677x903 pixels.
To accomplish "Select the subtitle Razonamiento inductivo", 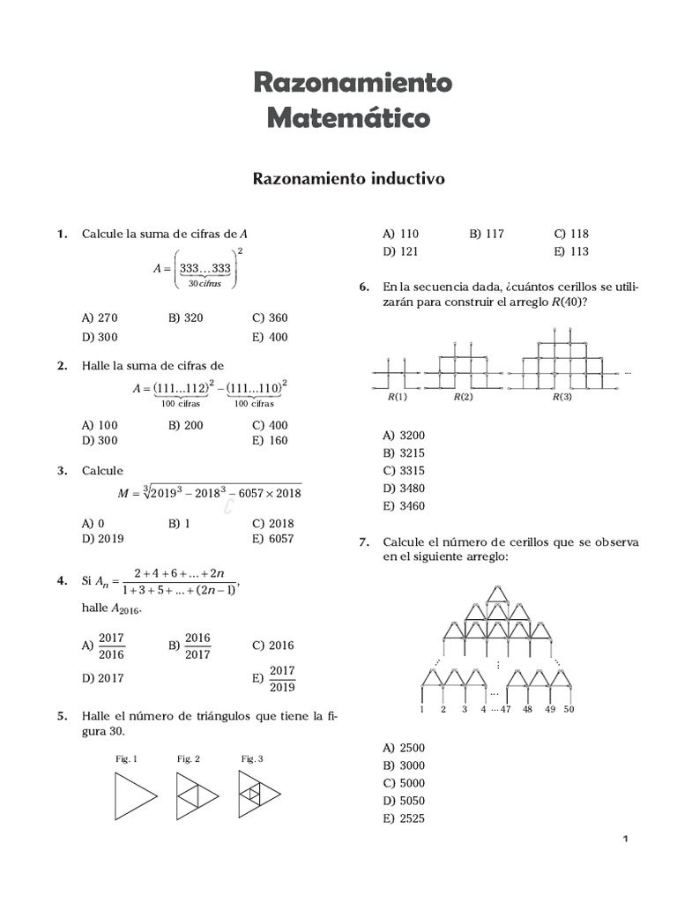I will click(x=349, y=179).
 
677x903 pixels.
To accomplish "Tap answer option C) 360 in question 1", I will click(x=270, y=318).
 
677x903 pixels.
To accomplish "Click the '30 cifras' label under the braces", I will click(x=205, y=283).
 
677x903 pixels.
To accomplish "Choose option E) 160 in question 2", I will click(x=270, y=441).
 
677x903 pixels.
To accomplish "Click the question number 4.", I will click(x=62, y=581).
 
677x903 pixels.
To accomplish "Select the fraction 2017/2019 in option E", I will click(x=282, y=678).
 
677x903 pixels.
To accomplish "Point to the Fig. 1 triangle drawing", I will click(x=135, y=795).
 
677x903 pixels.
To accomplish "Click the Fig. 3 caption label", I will click(x=252, y=758).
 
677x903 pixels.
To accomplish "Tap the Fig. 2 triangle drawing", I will click(x=197, y=795).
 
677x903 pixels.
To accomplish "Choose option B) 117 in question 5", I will click(x=487, y=234).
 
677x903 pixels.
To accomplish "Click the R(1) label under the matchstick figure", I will click(x=398, y=398).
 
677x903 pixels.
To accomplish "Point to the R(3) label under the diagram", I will click(x=562, y=398).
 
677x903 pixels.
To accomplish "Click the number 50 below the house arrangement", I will click(x=569, y=709).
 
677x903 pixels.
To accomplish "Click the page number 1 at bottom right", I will click(x=624, y=839).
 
